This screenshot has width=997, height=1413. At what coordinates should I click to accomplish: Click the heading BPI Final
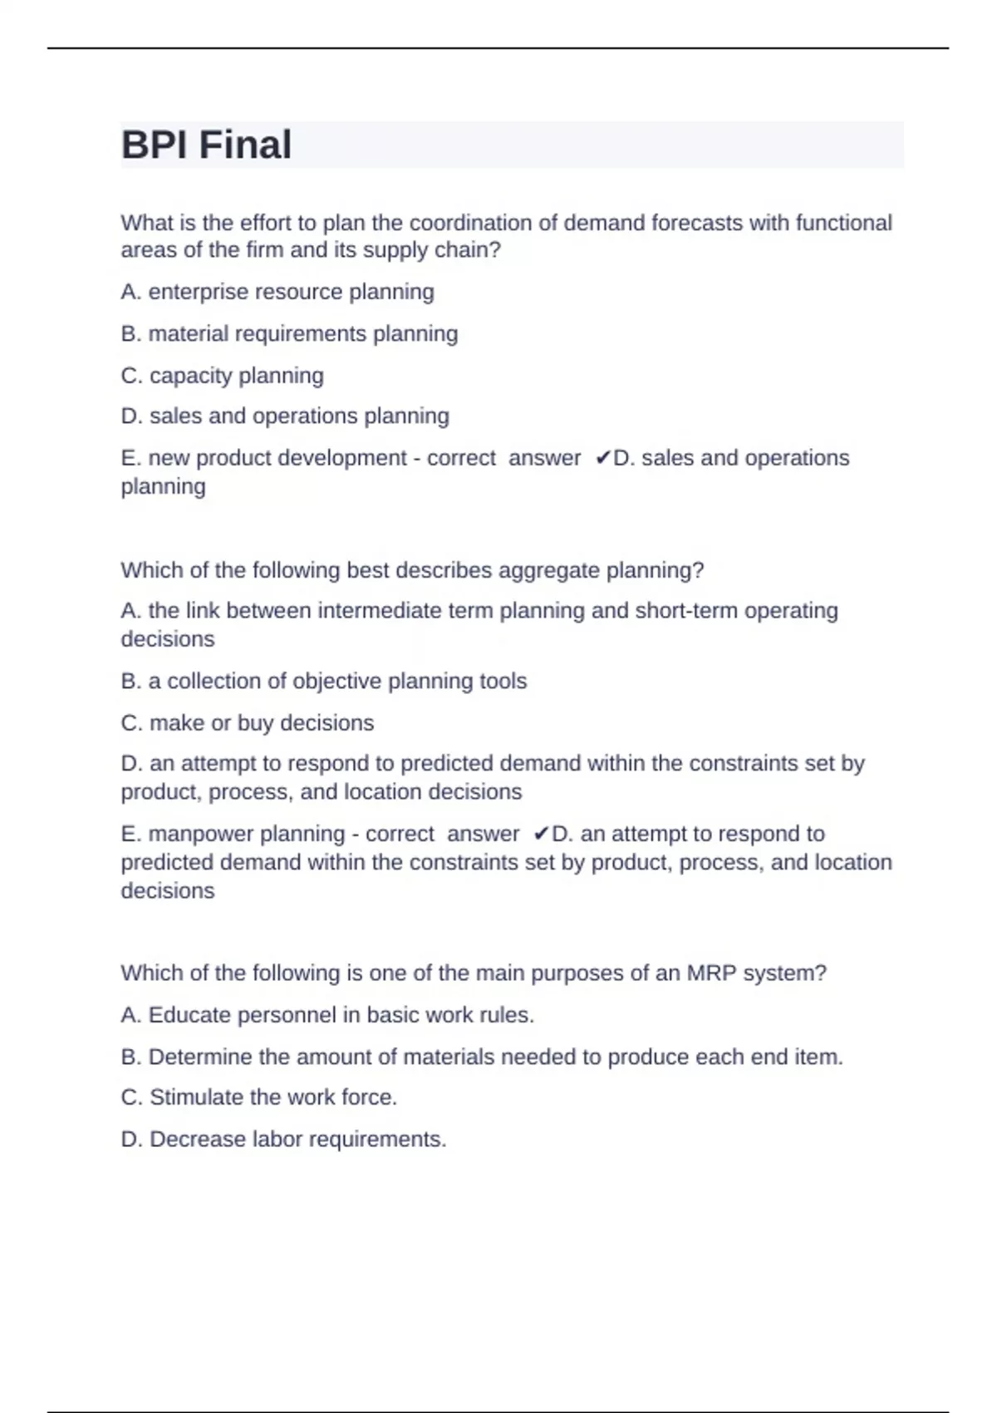(x=206, y=145)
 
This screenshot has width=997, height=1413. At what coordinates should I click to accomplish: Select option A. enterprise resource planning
(x=277, y=292)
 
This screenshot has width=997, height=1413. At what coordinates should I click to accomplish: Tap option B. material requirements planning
(x=289, y=333)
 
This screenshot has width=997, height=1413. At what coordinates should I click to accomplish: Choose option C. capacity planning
(x=222, y=376)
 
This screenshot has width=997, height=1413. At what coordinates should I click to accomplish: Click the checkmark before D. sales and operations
(x=603, y=458)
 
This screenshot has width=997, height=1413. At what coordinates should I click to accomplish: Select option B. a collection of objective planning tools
(x=324, y=681)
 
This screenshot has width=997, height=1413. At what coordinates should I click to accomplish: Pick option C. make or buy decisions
(x=248, y=723)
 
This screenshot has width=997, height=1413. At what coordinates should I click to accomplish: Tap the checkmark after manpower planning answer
(x=542, y=834)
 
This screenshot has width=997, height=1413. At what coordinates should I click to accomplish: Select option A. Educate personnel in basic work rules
(x=327, y=1015)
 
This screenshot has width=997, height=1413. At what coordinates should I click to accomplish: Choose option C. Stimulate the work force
(x=259, y=1097)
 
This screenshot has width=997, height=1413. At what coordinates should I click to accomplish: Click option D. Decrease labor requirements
(x=283, y=1139)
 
